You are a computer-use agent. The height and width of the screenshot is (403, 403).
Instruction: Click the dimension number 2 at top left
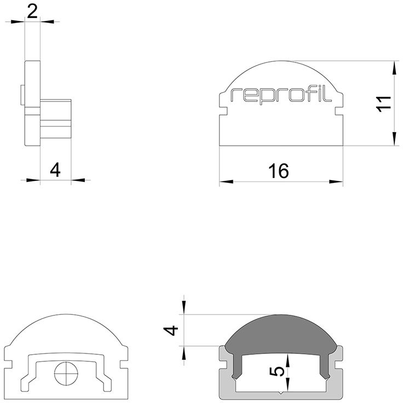pos(32,12)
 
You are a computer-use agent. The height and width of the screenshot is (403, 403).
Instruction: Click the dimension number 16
pos(279,171)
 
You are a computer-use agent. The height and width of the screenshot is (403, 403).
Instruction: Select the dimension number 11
pos(383,104)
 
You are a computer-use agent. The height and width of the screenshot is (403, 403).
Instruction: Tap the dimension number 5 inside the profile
pos(277,371)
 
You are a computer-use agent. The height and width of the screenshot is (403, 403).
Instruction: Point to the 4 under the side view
pos(55,170)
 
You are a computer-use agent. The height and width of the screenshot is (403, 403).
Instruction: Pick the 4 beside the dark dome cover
pos(171,330)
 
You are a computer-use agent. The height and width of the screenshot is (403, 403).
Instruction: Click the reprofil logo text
pos(281,95)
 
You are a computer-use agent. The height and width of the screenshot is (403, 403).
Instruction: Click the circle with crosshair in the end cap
pos(66,373)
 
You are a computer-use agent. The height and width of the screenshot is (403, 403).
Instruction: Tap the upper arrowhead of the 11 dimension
pos(394,68)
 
